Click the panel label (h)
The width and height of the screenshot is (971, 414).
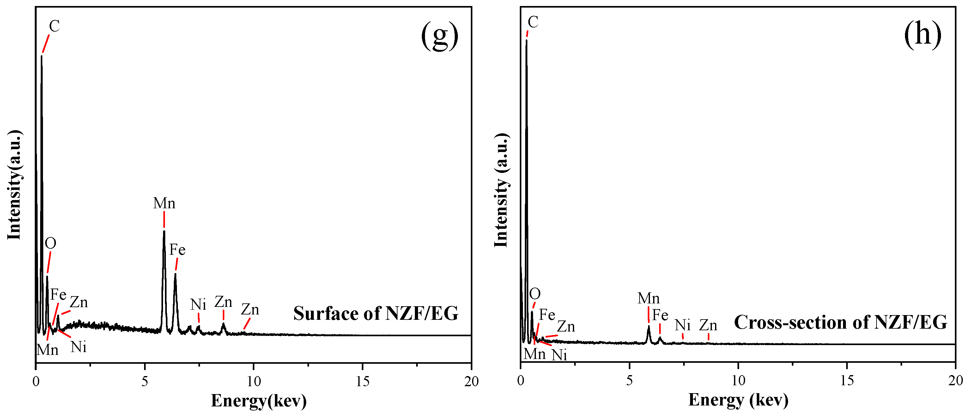[x=922, y=34]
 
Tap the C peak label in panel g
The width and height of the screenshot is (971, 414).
[x=54, y=27]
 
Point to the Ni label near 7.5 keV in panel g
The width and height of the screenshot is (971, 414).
[x=198, y=304]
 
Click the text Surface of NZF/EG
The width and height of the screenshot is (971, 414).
[x=376, y=313]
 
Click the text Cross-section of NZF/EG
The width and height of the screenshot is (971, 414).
[x=841, y=322]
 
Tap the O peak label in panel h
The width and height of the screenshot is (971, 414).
[x=535, y=294]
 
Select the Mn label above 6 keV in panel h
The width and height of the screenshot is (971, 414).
[x=648, y=299]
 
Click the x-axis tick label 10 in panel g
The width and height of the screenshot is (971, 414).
[x=254, y=381]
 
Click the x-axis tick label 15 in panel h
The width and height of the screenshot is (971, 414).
[x=847, y=381]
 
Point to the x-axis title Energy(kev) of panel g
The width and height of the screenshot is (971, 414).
[x=258, y=400]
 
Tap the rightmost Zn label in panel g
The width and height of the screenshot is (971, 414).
[x=250, y=310]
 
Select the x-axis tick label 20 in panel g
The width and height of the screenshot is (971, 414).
[x=471, y=381]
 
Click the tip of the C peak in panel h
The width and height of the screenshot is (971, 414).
[x=526, y=40]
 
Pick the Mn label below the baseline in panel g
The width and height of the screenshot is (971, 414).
[x=47, y=350]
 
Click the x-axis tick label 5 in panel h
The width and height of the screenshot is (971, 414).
[x=629, y=381]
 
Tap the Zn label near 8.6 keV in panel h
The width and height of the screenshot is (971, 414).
[x=708, y=325]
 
